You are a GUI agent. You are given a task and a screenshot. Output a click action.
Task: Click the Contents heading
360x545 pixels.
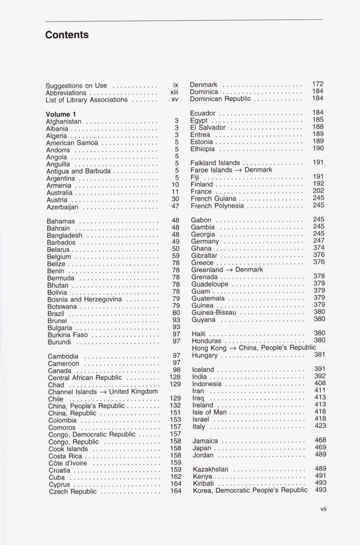pyautogui.click(x=67, y=35)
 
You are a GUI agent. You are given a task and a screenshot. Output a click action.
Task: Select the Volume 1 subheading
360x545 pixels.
pyautogui.click(x=61, y=114)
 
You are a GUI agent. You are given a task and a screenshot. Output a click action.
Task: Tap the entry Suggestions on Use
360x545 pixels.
pyautogui.click(x=76, y=86)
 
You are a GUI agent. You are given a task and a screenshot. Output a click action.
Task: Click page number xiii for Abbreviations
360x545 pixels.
pyautogui.click(x=174, y=93)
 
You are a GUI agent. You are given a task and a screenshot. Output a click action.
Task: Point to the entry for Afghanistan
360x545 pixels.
pyautogui.click(x=64, y=122)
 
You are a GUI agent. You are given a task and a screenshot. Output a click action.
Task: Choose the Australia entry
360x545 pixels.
pyautogui.click(x=60, y=192)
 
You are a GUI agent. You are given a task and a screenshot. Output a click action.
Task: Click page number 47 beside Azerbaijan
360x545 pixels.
pyautogui.click(x=175, y=207)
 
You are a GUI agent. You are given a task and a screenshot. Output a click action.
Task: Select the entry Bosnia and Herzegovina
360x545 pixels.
pyautogui.click(x=84, y=299)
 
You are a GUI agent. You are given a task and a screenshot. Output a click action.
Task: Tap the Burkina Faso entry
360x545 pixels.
pyautogui.click(x=68, y=335)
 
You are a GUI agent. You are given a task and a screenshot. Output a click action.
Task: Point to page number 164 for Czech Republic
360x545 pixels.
pyautogui.click(x=175, y=491)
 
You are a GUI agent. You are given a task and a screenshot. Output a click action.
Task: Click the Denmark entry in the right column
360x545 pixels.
pyautogui.click(x=204, y=85)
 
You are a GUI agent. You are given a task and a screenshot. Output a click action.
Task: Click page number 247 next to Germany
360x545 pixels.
pyautogui.click(x=319, y=241)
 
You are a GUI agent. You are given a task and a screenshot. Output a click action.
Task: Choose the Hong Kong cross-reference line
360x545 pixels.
pyautogui.click(x=254, y=348)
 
